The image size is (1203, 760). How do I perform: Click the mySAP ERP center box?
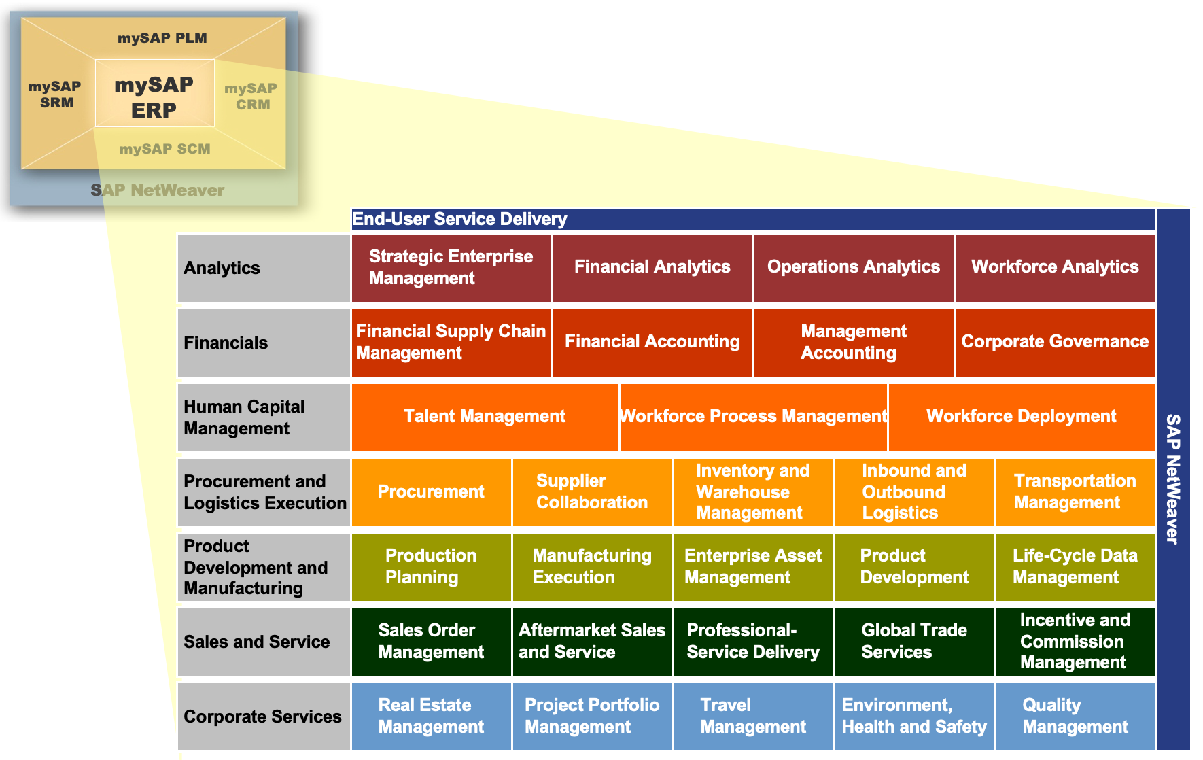[155, 93]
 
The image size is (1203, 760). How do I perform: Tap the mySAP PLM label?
[162, 38]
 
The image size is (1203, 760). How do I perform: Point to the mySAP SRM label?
[55, 94]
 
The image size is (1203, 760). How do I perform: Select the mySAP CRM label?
[251, 97]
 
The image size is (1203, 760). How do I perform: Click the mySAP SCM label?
[165, 149]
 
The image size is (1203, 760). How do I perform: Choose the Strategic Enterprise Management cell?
[451, 268]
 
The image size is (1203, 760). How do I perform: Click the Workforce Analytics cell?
[1056, 268]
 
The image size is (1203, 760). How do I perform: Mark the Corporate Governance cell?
[1056, 343]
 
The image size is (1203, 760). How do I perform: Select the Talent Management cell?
[485, 417]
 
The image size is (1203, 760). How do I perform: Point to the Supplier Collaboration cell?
[593, 492]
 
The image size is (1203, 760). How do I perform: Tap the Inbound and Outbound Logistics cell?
[915, 492]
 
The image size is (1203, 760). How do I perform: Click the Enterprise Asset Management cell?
[754, 567]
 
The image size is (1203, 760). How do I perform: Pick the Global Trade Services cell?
[915, 642]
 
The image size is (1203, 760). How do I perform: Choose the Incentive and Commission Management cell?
[1076, 642]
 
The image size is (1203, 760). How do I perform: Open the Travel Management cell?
[754, 716]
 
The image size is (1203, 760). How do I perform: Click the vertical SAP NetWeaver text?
[1173, 479]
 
